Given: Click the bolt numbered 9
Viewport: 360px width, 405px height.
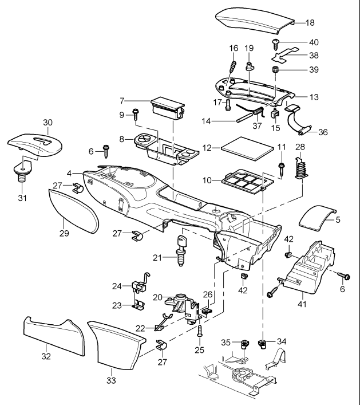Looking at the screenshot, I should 136,112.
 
